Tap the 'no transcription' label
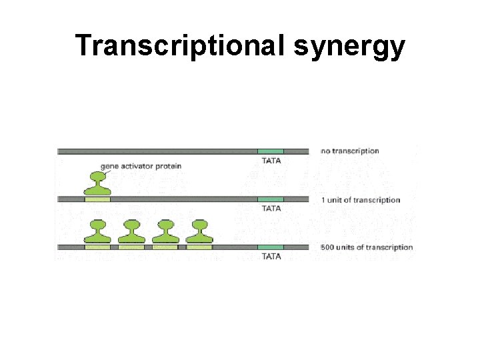(350, 151)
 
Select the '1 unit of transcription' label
(361, 200)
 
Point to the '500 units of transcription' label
(367, 247)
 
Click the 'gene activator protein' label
(141, 166)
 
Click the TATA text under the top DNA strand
(271, 161)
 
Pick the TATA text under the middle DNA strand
(271, 209)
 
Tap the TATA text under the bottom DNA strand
(271, 256)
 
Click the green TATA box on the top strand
(271, 151)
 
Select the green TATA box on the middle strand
(271, 199)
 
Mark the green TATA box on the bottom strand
(271, 247)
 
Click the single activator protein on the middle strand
(97, 183)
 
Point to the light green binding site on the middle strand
(97, 199)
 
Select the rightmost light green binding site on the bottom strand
(199, 247)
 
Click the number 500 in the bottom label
(327, 247)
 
